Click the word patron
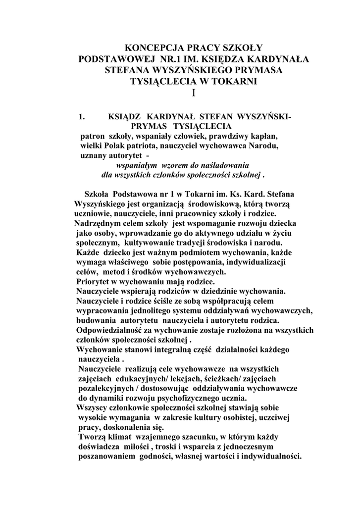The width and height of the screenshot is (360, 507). click(93, 136)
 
